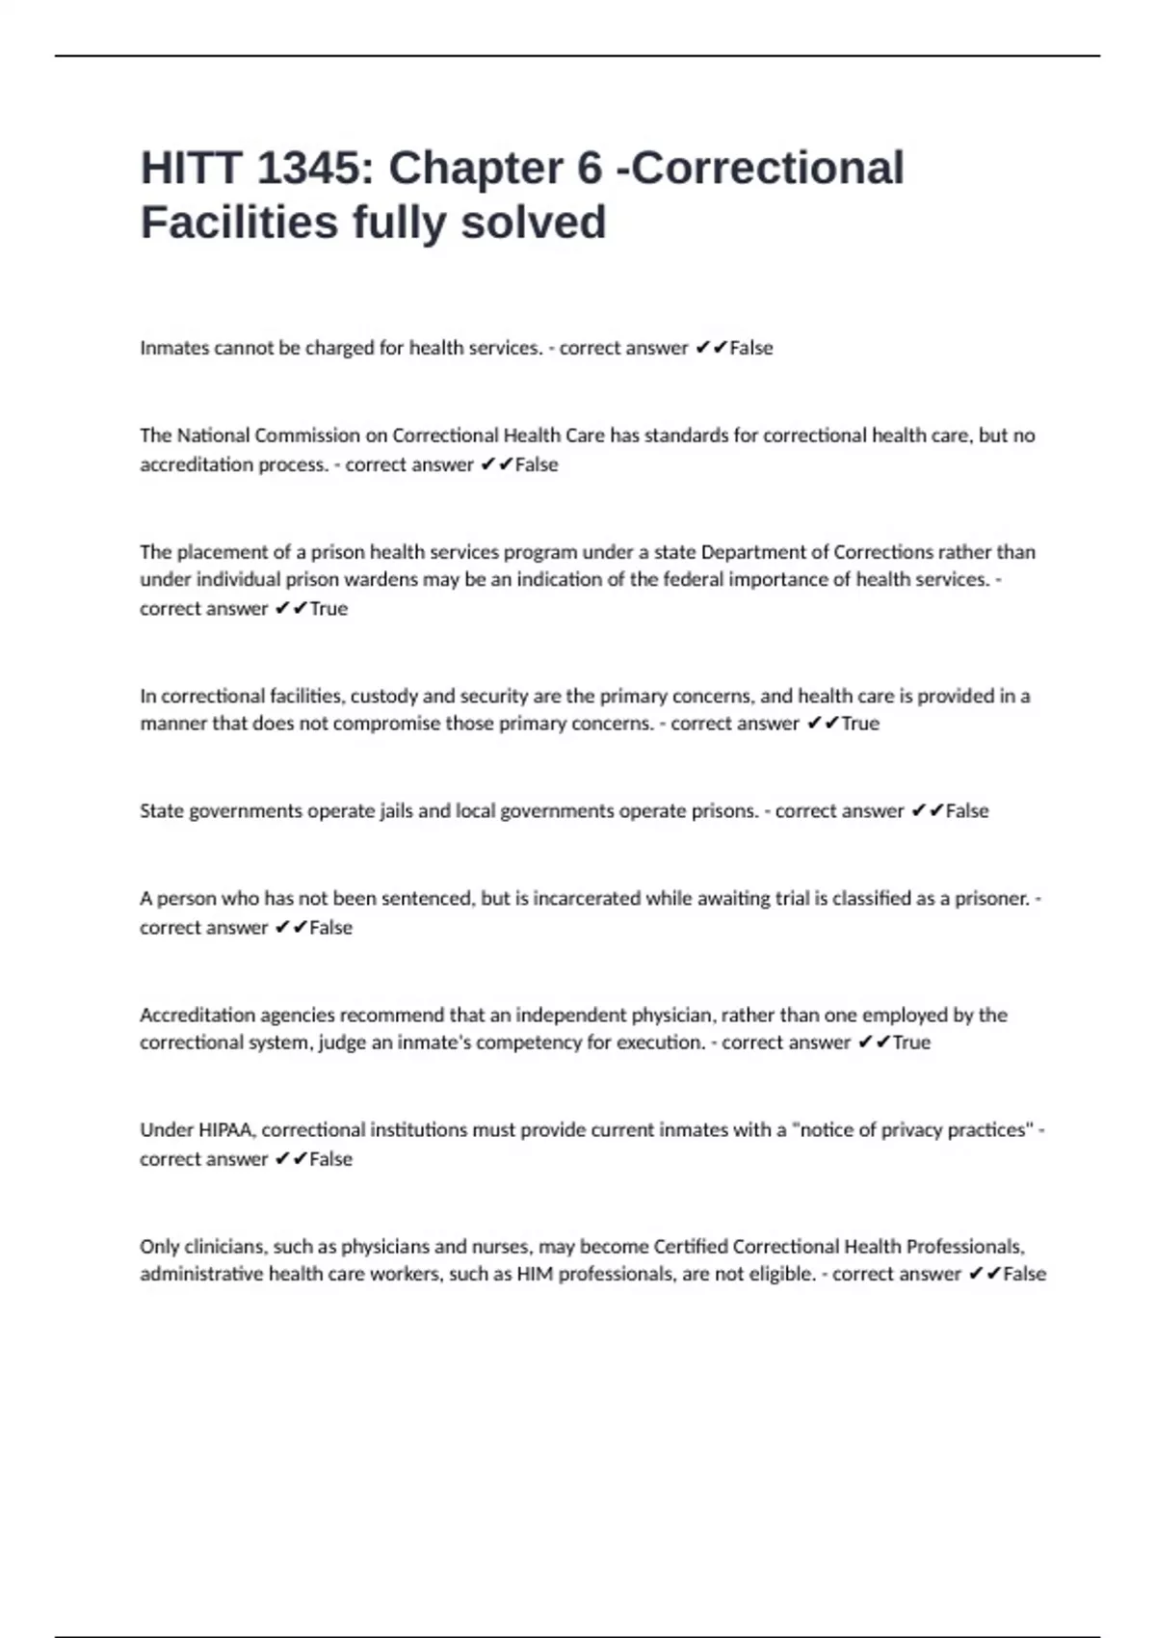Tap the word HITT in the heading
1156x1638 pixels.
[x=190, y=169]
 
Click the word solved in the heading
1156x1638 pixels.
[x=533, y=223]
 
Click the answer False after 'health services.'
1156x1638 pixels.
[x=750, y=348]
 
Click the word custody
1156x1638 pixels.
[x=383, y=696]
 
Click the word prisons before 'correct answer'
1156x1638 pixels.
[x=724, y=811]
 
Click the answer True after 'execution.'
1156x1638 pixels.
[x=911, y=1043]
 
